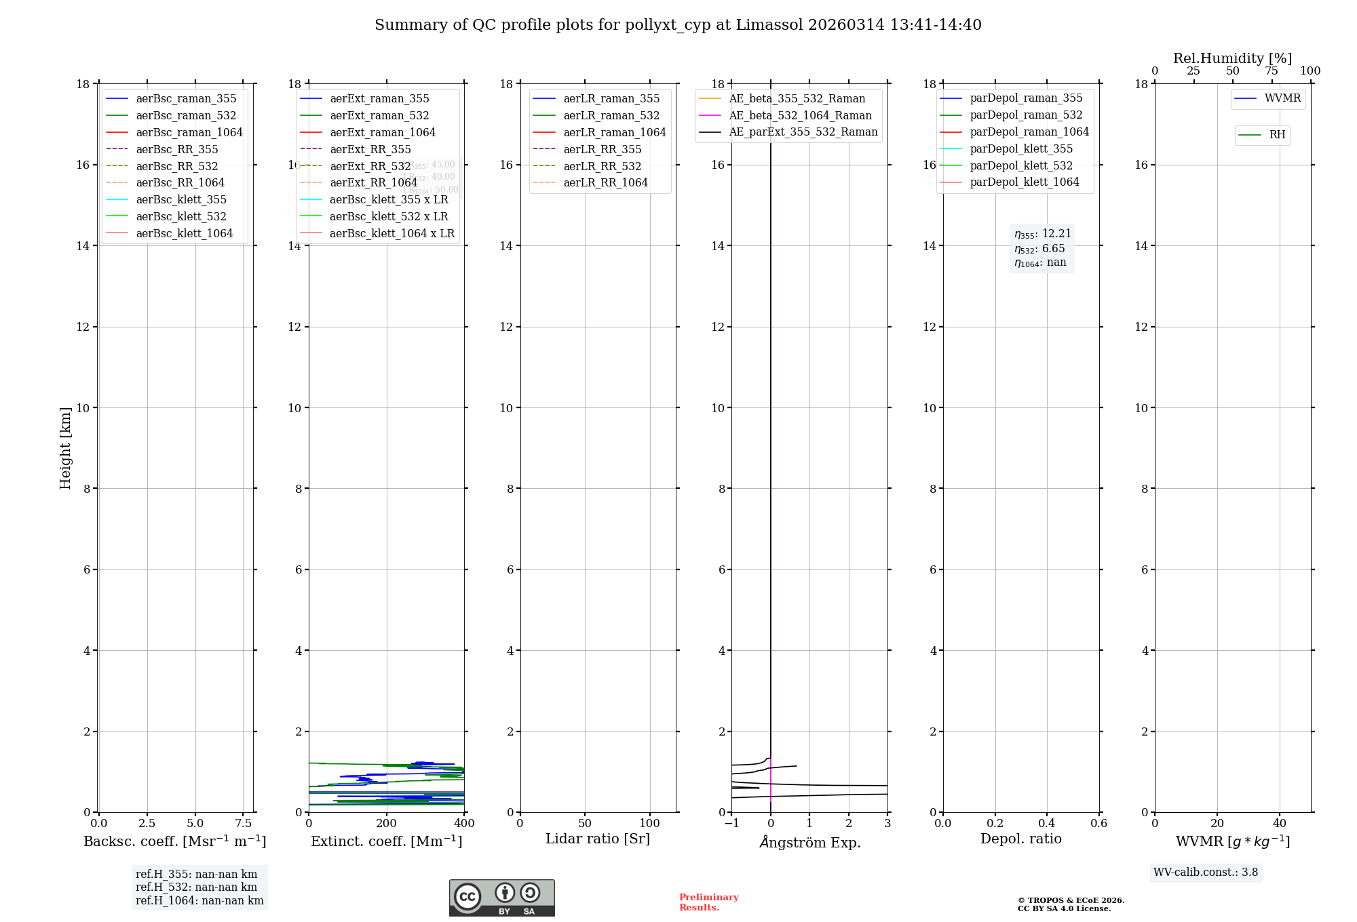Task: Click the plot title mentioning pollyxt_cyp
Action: point(678,25)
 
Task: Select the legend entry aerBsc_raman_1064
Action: point(189,132)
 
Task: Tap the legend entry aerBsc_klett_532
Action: point(180,216)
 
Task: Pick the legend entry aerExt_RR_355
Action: point(370,149)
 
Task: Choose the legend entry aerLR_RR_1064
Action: point(605,182)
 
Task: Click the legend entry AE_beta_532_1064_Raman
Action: point(800,115)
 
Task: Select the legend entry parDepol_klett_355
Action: point(1021,148)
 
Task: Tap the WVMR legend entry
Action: point(1282,98)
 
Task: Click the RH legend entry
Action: point(1277,135)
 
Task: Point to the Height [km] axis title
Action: point(65,447)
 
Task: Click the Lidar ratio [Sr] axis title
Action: point(598,839)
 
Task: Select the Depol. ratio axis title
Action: point(1020,839)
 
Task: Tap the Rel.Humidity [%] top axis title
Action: point(1232,58)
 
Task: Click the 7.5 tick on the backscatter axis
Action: point(244,823)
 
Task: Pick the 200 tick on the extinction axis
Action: point(386,823)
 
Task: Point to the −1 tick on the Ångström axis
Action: point(731,823)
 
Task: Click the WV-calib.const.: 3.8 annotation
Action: point(1206,873)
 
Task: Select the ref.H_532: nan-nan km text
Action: point(196,887)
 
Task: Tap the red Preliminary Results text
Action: point(708,902)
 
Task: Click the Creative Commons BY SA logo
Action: point(501,898)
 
